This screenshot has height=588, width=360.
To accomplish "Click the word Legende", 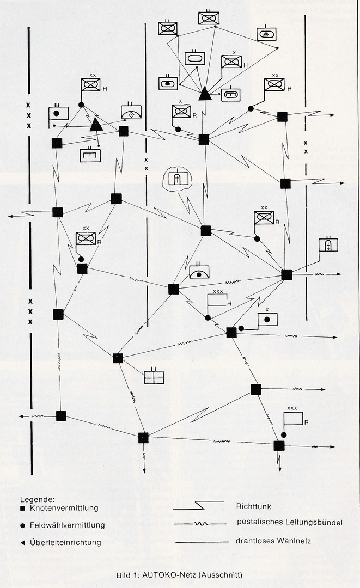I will pyautogui.click(x=36, y=499).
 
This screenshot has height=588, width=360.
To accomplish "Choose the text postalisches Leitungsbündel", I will pyautogui.click(x=289, y=523).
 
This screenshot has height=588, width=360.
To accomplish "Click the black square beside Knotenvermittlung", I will pyautogui.click(x=23, y=509).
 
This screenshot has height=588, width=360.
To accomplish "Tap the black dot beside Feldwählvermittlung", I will pyautogui.click(x=23, y=525).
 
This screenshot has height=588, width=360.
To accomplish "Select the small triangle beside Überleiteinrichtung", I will pyautogui.click(x=23, y=542).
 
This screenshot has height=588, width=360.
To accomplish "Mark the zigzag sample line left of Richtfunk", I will pyautogui.click(x=198, y=505).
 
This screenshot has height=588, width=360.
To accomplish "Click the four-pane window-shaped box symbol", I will pyautogui.click(x=154, y=377).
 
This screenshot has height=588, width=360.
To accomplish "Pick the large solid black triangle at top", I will pyautogui.click(x=205, y=94).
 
